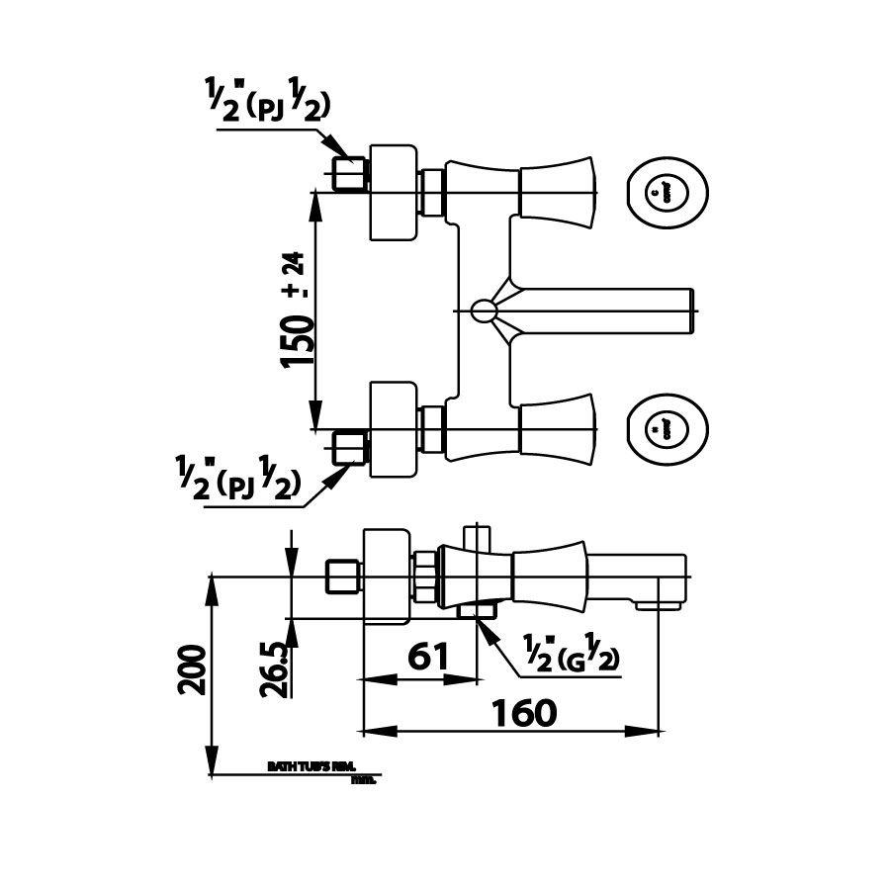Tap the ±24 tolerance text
coord(295,276)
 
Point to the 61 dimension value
coord(428,656)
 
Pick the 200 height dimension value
coord(194,669)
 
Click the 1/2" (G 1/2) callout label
coord(571,656)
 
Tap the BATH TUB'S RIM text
coord(311,766)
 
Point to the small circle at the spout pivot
coord(483,311)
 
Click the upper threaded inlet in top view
coord(349,175)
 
